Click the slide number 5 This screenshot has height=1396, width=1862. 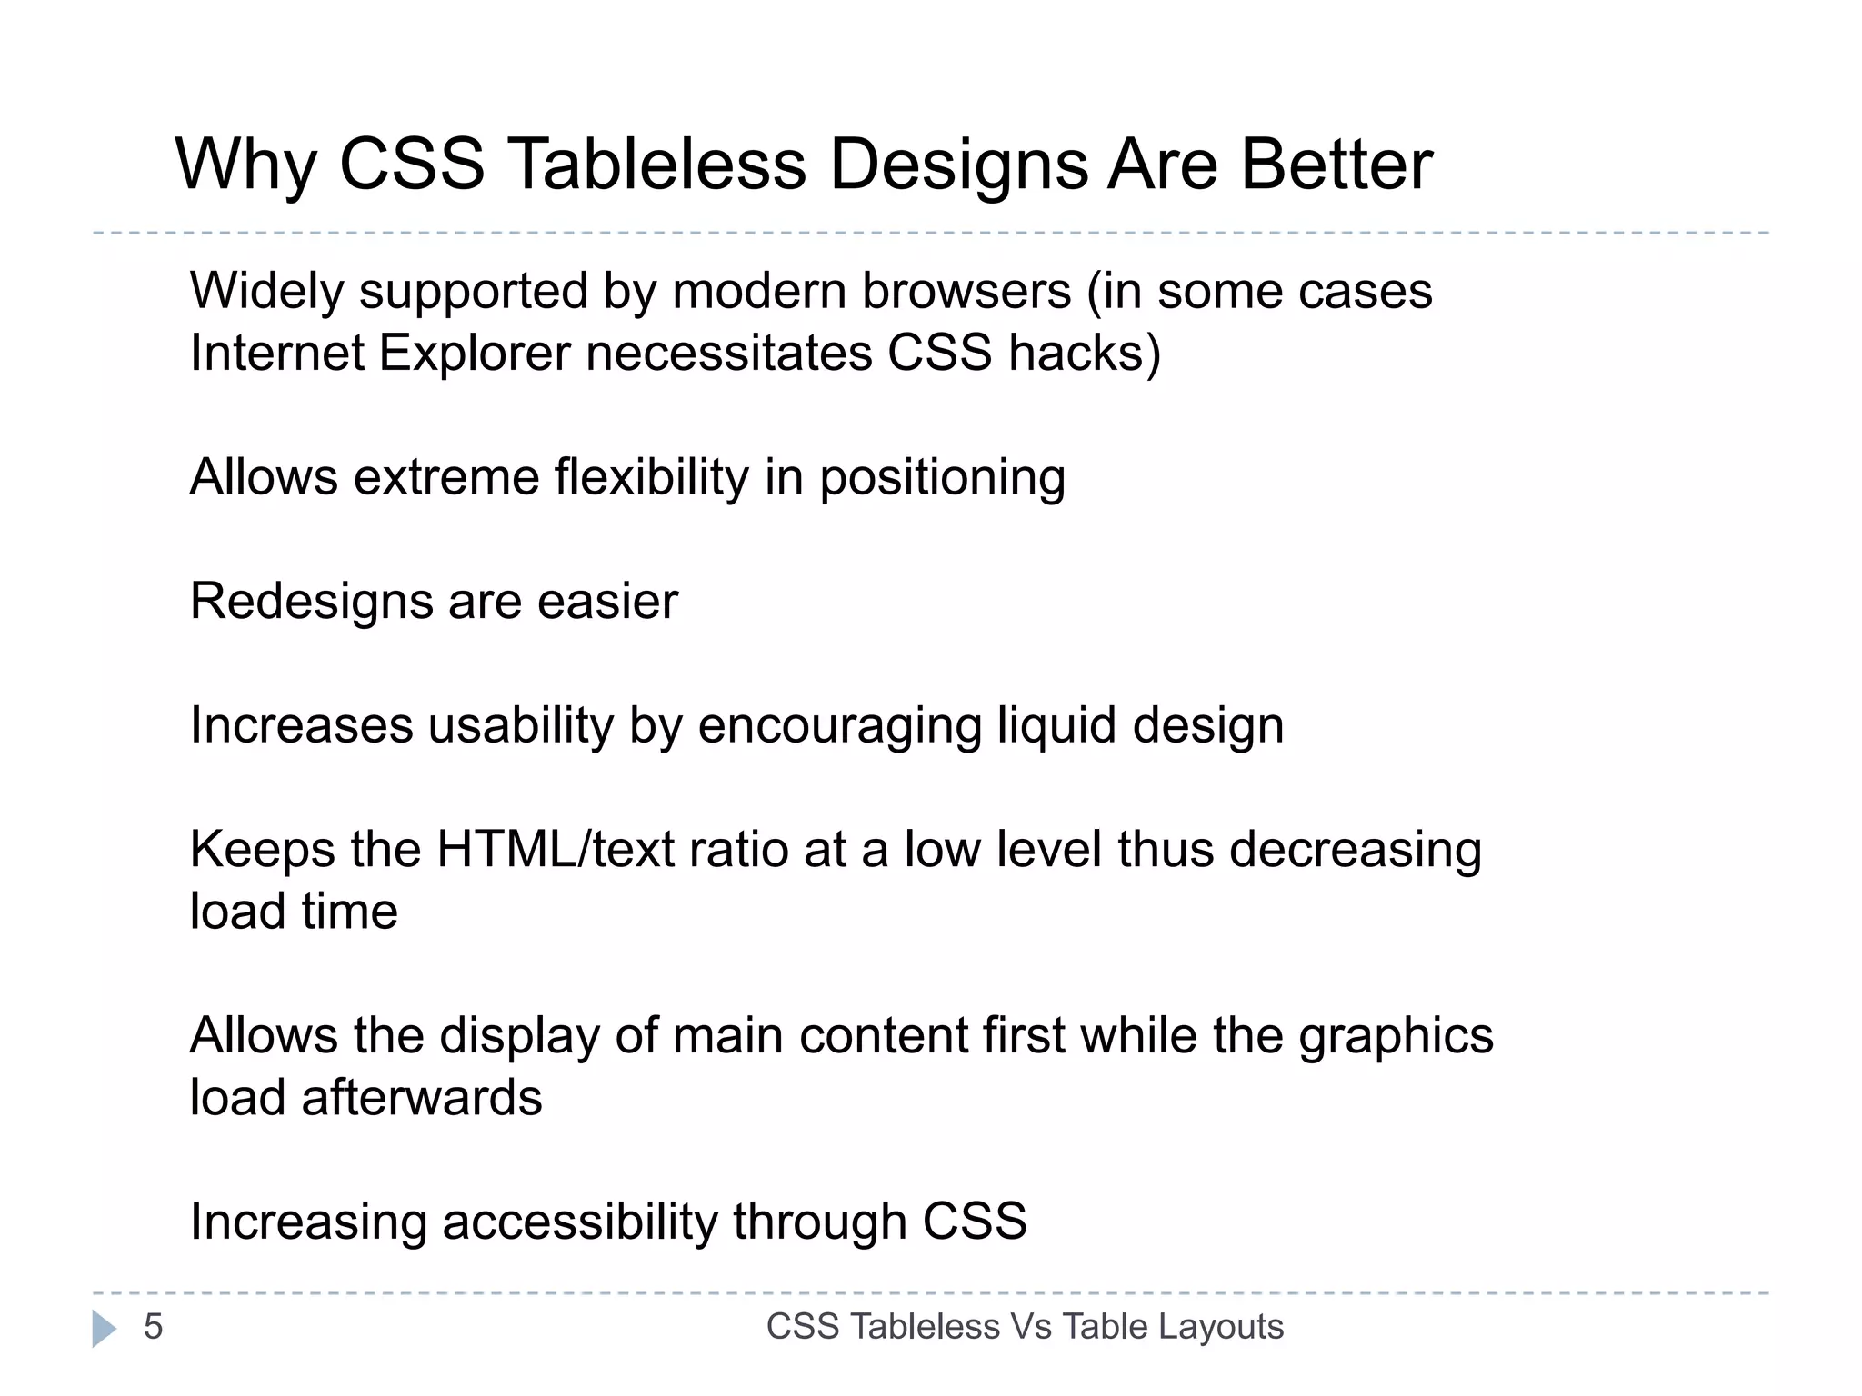(153, 1327)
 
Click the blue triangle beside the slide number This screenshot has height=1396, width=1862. (104, 1329)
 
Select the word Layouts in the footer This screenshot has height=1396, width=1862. (1221, 1327)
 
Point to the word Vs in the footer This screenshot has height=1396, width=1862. (1031, 1327)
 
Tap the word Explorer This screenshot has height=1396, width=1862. (475, 353)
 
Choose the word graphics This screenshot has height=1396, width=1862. (1396, 1037)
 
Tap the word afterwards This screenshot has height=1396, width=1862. (422, 1098)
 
